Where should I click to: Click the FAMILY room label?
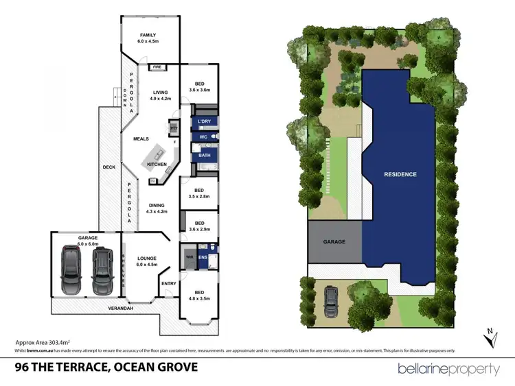click(148, 35)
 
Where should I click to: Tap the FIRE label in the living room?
click(157, 67)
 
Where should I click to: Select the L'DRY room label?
click(204, 121)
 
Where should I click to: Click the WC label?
click(204, 138)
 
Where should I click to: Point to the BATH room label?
click(205, 156)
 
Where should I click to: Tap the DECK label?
click(108, 167)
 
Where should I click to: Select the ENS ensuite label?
click(203, 258)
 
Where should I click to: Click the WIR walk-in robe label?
click(190, 258)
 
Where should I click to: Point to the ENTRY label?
click(168, 282)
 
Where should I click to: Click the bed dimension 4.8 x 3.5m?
click(199, 298)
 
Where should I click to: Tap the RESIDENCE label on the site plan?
click(400, 174)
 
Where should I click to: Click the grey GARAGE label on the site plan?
click(334, 242)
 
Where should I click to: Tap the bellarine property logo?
click(449, 368)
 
